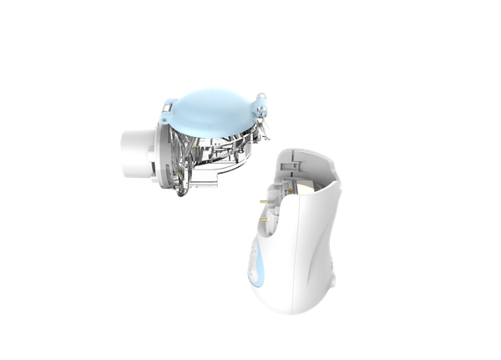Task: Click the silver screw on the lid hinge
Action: click(x=260, y=106)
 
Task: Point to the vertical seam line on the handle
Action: click(x=302, y=251)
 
